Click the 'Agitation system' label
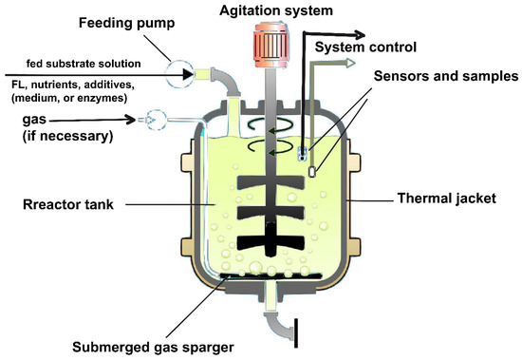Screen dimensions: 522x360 coord(276,11)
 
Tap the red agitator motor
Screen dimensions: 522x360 coord(270,45)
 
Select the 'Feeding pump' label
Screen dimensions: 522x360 coord(126,23)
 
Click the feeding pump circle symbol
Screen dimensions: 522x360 coord(179,74)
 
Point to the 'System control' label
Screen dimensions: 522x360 coord(365,47)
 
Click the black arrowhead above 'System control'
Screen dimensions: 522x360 coord(359,34)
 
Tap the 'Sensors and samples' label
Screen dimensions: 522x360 coord(446,76)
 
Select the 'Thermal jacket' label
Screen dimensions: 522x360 coord(447,199)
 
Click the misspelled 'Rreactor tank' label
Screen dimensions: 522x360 coord(68,204)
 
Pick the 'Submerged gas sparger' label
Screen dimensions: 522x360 coord(153,347)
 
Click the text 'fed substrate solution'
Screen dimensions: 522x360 coord(84,64)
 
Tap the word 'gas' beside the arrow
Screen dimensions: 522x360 coord(34,120)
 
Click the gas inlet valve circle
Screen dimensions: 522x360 coord(156,120)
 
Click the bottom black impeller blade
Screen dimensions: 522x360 coord(270,241)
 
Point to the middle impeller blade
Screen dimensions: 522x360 coord(270,213)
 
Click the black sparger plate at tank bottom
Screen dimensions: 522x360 coord(271,276)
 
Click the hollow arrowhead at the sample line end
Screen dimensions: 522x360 coord(350,63)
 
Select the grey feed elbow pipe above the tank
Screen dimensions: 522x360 coord(226,81)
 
